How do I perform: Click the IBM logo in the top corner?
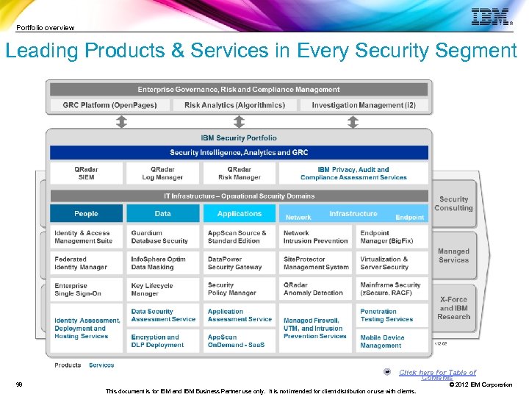coord(490,18)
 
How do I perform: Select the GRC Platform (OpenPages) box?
coord(109,105)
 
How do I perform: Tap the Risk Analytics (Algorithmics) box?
coord(234,105)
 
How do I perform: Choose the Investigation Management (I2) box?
coord(364,105)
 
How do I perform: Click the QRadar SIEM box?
coord(86,174)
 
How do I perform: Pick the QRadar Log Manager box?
coord(162,174)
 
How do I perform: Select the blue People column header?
coord(86,214)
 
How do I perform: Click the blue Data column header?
coord(162,214)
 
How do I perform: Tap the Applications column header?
coord(239,214)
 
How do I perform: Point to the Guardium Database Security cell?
coord(162,237)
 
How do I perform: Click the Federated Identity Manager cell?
coord(86,263)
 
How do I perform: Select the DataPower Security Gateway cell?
coord(239,263)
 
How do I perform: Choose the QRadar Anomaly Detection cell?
coord(315,289)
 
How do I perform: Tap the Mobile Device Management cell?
coord(392,341)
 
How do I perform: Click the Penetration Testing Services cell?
coord(392,315)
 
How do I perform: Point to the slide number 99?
coord(19,385)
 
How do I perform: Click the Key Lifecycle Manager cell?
coord(162,289)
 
